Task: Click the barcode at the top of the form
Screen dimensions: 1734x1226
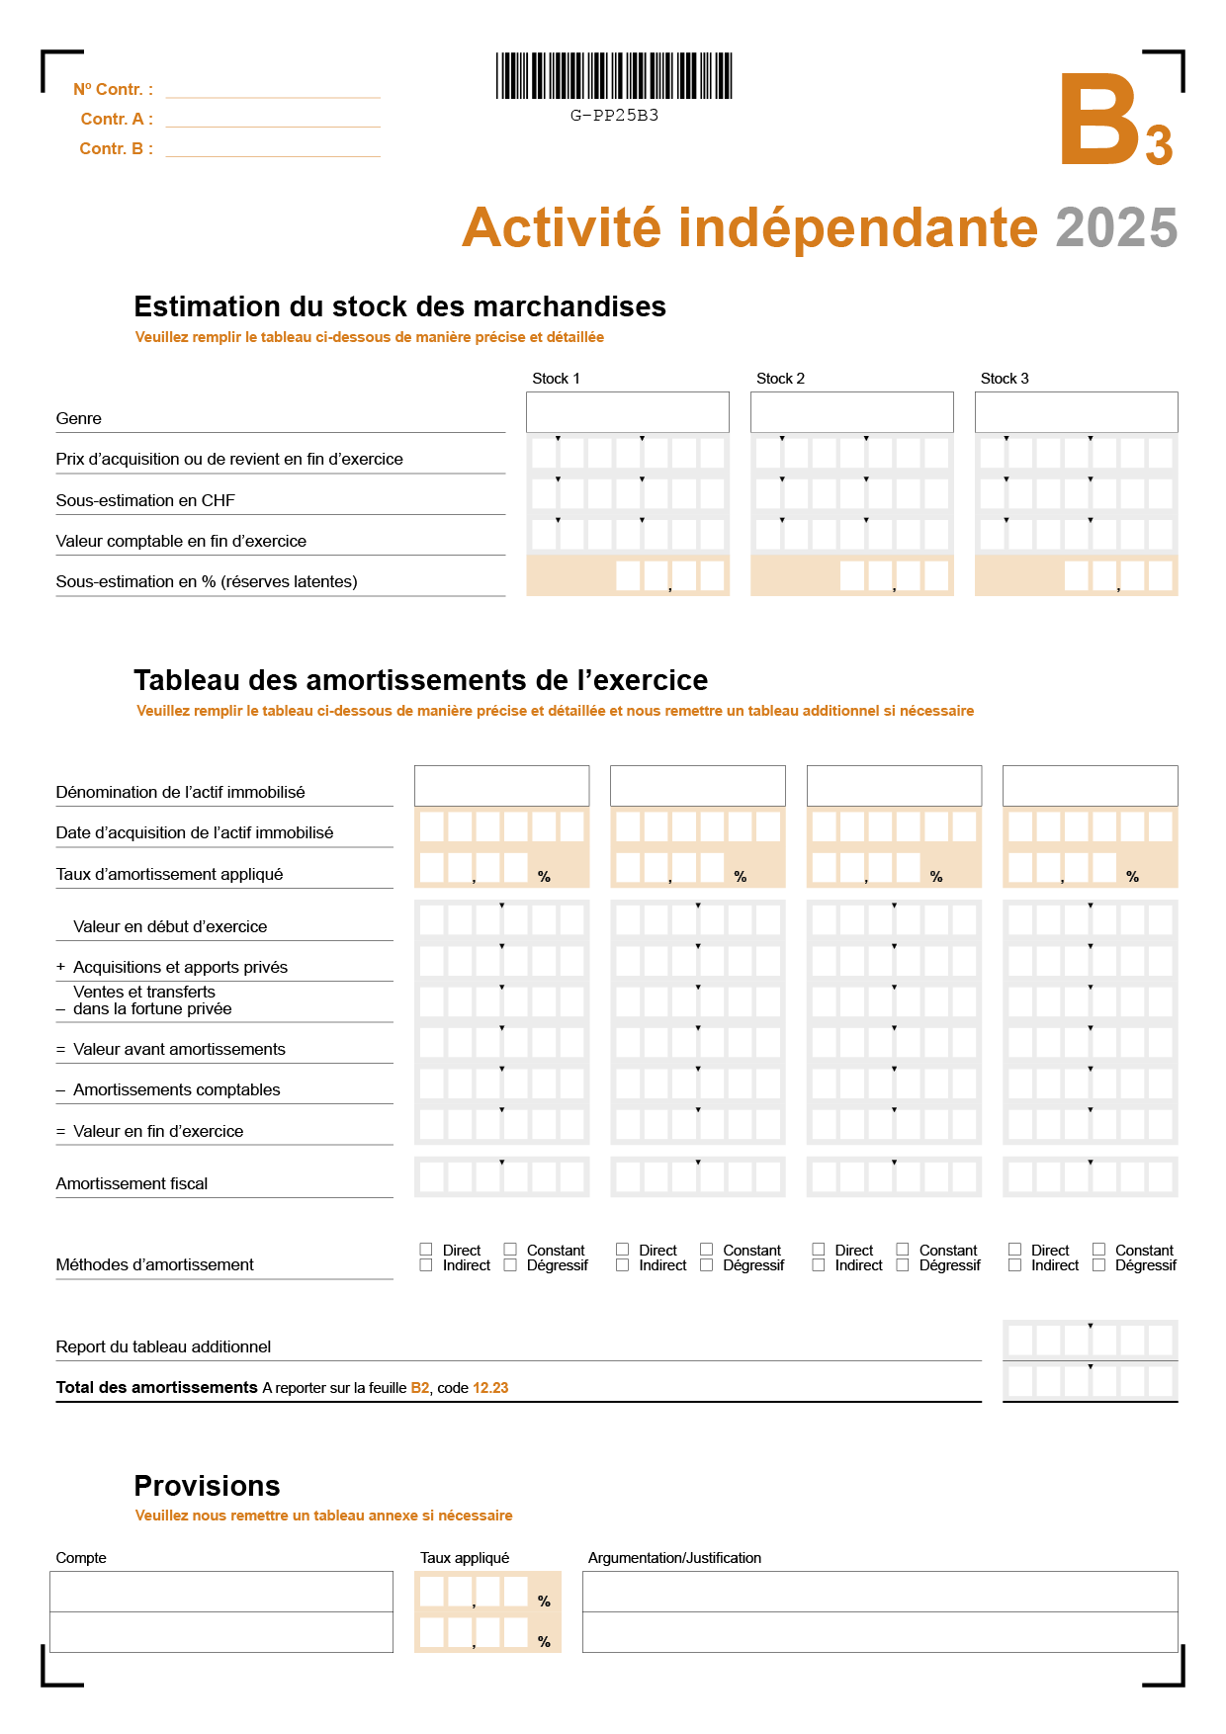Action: coord(614,76)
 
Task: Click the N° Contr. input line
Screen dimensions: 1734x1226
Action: coord(273,90)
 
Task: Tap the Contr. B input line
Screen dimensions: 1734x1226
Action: coord(273,149)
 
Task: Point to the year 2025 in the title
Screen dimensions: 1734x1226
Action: coord(1116,228)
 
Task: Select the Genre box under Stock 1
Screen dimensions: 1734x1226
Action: coord(627,412)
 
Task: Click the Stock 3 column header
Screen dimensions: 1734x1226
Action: coord(1005,379)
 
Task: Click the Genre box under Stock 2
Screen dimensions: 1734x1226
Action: coord(851,412)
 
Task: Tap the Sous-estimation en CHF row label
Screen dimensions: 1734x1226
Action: coord(145,500)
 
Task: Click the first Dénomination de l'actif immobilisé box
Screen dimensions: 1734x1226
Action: coord(501,786)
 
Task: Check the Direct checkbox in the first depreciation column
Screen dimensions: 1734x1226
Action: coord(426,1250)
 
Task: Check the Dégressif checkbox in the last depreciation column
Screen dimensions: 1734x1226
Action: coord(1098,1265)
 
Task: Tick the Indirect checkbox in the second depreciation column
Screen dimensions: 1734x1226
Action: coord(622,1265)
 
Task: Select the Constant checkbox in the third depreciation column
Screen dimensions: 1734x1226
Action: coord(903,1250)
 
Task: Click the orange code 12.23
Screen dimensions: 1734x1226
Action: coord(490,1388)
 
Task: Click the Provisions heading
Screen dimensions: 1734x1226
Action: coord(207,1486)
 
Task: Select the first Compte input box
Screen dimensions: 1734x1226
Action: coord(221,1592)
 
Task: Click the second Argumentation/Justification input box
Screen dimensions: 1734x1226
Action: coord(880,1632)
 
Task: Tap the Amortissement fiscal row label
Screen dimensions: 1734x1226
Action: coord(131,1183)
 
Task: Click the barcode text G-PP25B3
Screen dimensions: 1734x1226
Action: coord(614,116)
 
